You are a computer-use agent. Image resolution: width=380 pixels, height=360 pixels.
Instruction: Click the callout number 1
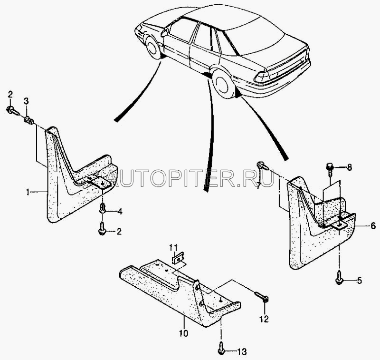tap(28, 192)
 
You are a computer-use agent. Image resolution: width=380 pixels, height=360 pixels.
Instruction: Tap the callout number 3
tap(26, 100)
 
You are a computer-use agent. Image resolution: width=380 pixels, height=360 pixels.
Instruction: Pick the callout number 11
tap(174, 247)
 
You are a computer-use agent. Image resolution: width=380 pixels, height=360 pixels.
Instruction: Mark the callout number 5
tap(359, 281)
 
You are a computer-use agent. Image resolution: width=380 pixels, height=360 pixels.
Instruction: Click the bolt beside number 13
tap(221, 350)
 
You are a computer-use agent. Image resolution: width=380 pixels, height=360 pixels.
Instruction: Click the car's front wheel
tap(153, 49)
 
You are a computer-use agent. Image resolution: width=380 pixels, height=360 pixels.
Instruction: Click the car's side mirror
tap(164, 32)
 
